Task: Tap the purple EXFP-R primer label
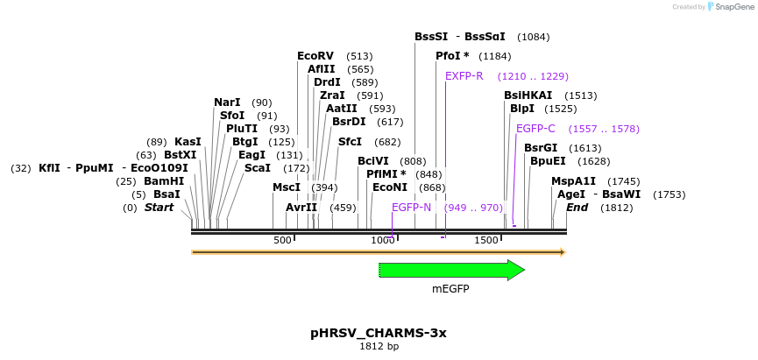tap(464, 76)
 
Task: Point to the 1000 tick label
tap(383, 240)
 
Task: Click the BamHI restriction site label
tap(164, 181)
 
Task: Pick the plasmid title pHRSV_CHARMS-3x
tap(379, 333)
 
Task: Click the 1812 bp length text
tap(379, 347)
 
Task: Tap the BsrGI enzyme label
tap(541, 148)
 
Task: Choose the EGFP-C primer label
tap(535, 129)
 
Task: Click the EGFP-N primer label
tap(411, 208)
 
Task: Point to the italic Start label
tap(159, 208)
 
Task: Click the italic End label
tap(577, 208)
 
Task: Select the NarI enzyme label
tap(227, 102)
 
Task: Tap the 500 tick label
tap(282, 240)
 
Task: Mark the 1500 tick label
tap(485, 240)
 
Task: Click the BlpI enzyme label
tap(522, 109)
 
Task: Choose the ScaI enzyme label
tap(258, 168)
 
